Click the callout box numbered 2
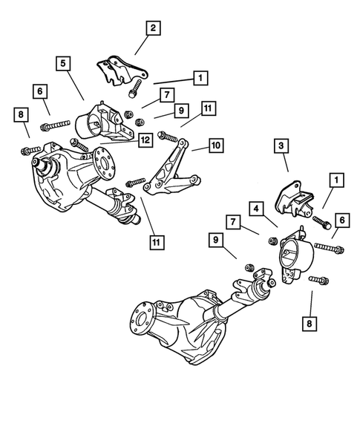coord(152,29)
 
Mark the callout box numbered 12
coord(145,138)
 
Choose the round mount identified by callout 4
coord(295,261)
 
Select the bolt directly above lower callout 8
coord(315,280)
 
